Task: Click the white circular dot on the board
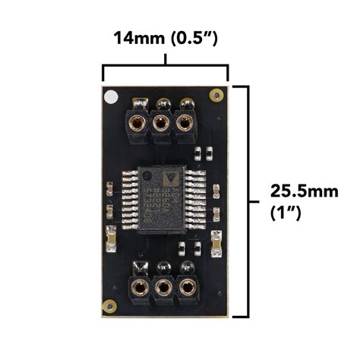pyautogui.click(x=112, y=97)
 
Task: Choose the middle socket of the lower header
pyautogui.click(x=162, y=287)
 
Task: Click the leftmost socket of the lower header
pyautogui.click(x=140, y=287)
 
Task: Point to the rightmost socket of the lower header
pyautogui.click(x=184, y=287)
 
